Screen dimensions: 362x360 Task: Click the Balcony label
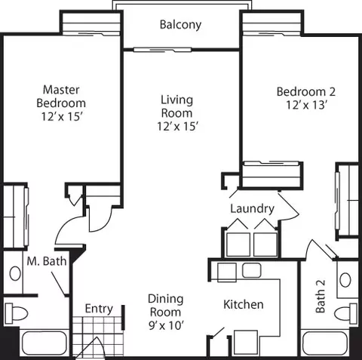180,25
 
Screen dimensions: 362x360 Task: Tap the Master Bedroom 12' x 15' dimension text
62,116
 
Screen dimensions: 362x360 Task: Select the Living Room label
177,106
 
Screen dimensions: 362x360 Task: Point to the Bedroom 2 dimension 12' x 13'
306,105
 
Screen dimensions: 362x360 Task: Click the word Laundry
252,209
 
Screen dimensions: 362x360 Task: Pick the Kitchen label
244,304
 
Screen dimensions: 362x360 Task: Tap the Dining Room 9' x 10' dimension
166,325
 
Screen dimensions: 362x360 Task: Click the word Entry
99,309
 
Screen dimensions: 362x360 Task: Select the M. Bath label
47,261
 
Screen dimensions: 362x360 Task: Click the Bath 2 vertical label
321,297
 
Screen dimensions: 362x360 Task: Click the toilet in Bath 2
346,313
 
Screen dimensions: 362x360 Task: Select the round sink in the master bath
15,273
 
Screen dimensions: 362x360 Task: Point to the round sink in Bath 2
345,279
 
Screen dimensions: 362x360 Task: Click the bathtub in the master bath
44,343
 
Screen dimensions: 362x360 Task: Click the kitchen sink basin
251,270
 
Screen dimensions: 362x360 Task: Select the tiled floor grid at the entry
98,336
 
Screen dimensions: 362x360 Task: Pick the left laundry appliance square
238,245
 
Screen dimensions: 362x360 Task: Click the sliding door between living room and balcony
162,50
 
